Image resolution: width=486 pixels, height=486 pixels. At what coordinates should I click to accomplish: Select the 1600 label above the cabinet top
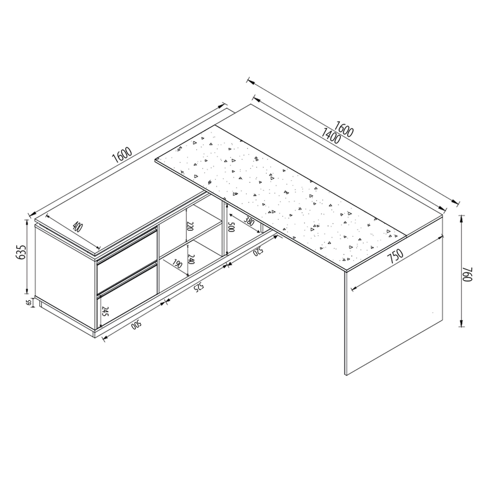122,155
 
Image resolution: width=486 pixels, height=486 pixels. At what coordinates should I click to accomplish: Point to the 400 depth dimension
77,227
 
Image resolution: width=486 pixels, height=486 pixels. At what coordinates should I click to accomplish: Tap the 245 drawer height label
105,311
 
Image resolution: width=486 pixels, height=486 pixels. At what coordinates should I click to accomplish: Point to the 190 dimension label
177,264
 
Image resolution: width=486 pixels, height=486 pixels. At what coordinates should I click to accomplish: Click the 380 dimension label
249,221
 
